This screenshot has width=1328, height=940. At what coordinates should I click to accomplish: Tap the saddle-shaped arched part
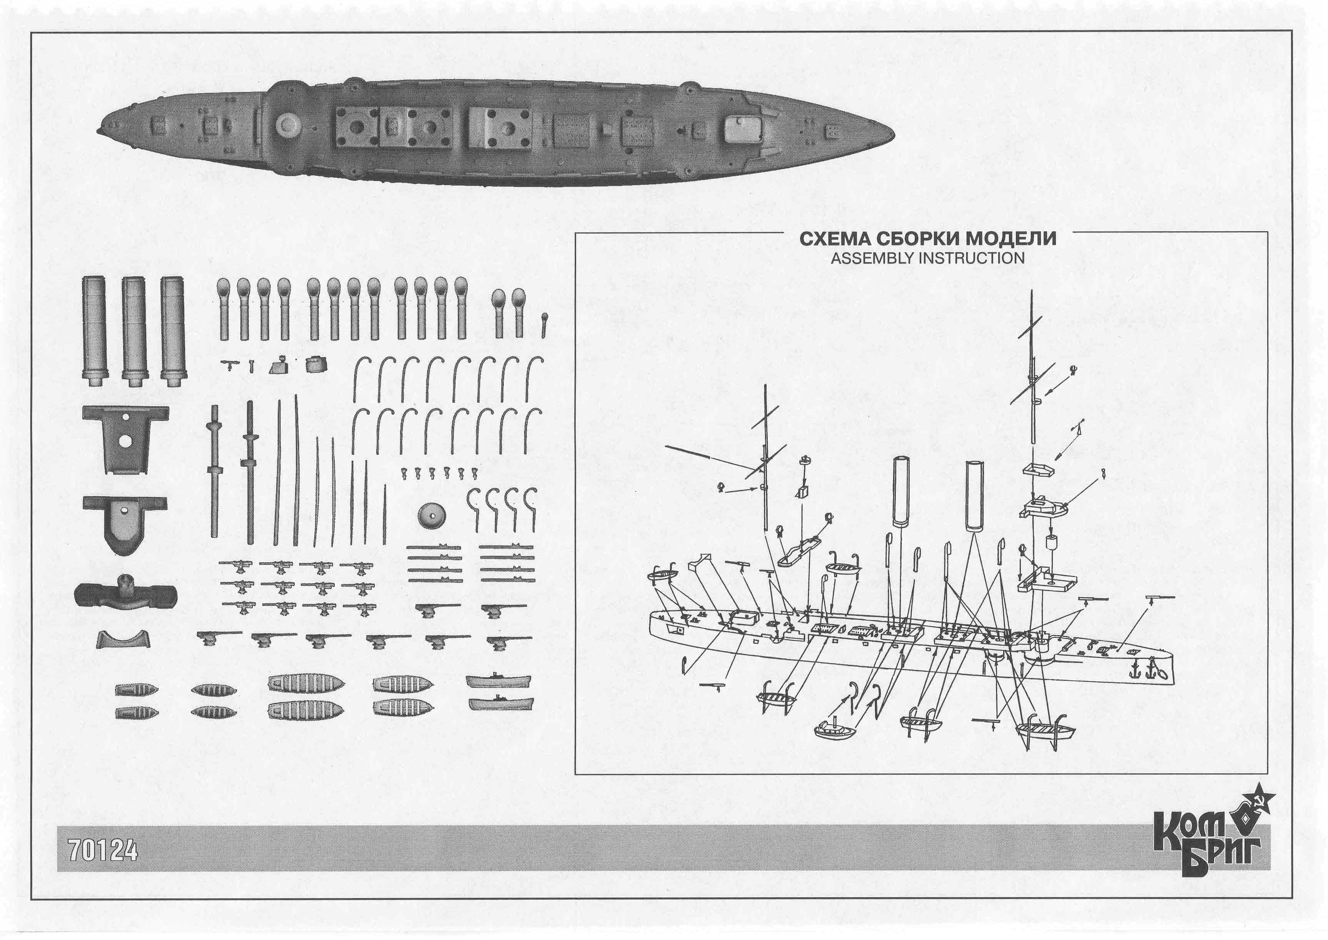point(124,639)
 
